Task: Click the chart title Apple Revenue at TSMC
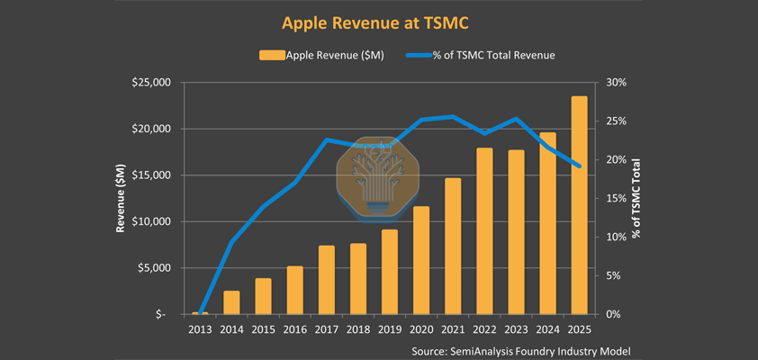pos(379,22)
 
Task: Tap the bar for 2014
pos(231,302)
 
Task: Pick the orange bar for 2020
pos(421,260)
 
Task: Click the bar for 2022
pos(484,230)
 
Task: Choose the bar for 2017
pos(326,280)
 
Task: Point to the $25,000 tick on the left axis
pos(150,83)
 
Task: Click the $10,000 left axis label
pos(150,221)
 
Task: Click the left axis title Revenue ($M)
pos(120,198)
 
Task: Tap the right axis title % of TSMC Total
pos(636,198)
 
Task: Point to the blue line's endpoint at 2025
pos(579,166)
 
